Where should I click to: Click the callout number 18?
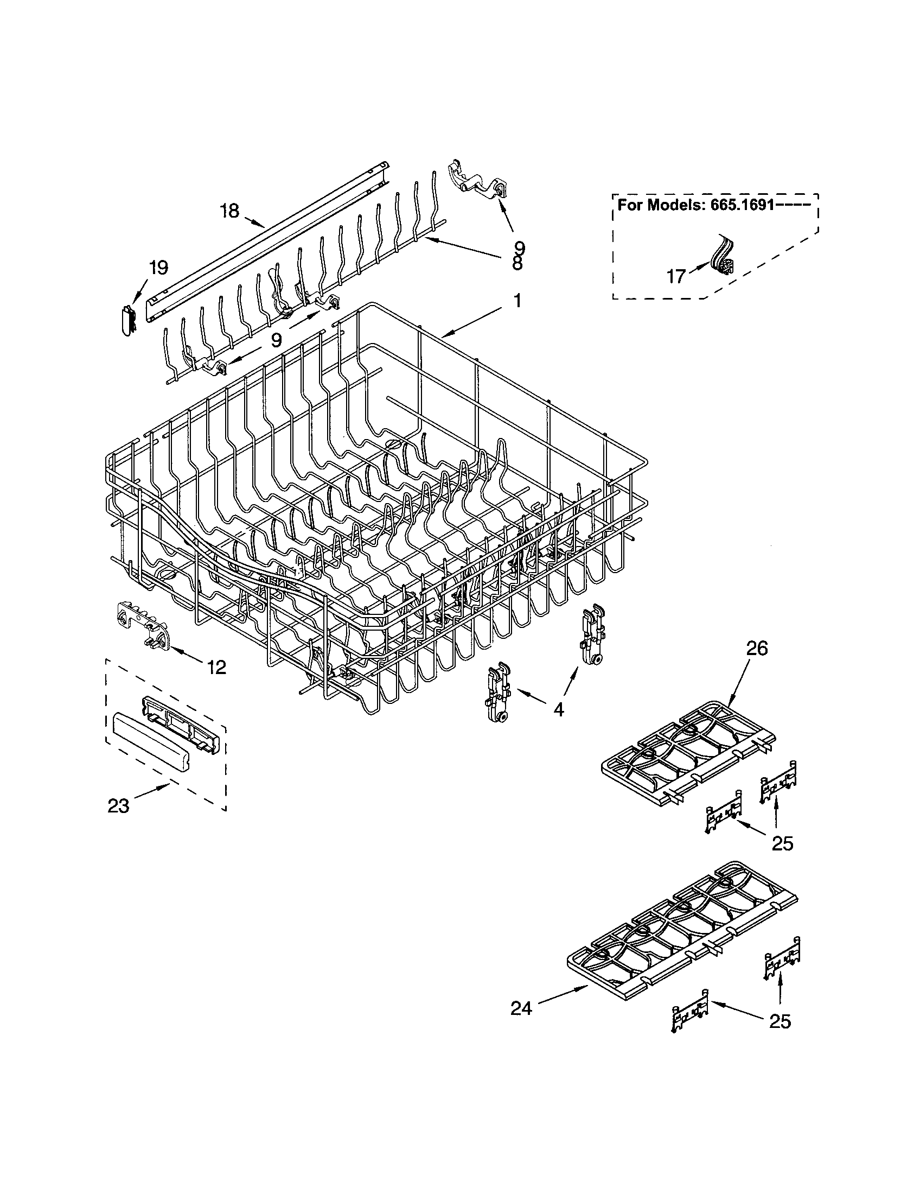(230, 211)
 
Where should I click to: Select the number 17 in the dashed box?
(676, 277)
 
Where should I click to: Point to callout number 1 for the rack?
(516, 301)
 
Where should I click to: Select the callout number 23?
(119, 806)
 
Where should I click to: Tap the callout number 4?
(558, 710)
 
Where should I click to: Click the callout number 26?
(756, 649)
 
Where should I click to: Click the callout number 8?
(517, 264)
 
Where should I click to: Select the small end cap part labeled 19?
(128, 320)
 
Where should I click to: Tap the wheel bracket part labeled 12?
(143, 626)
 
